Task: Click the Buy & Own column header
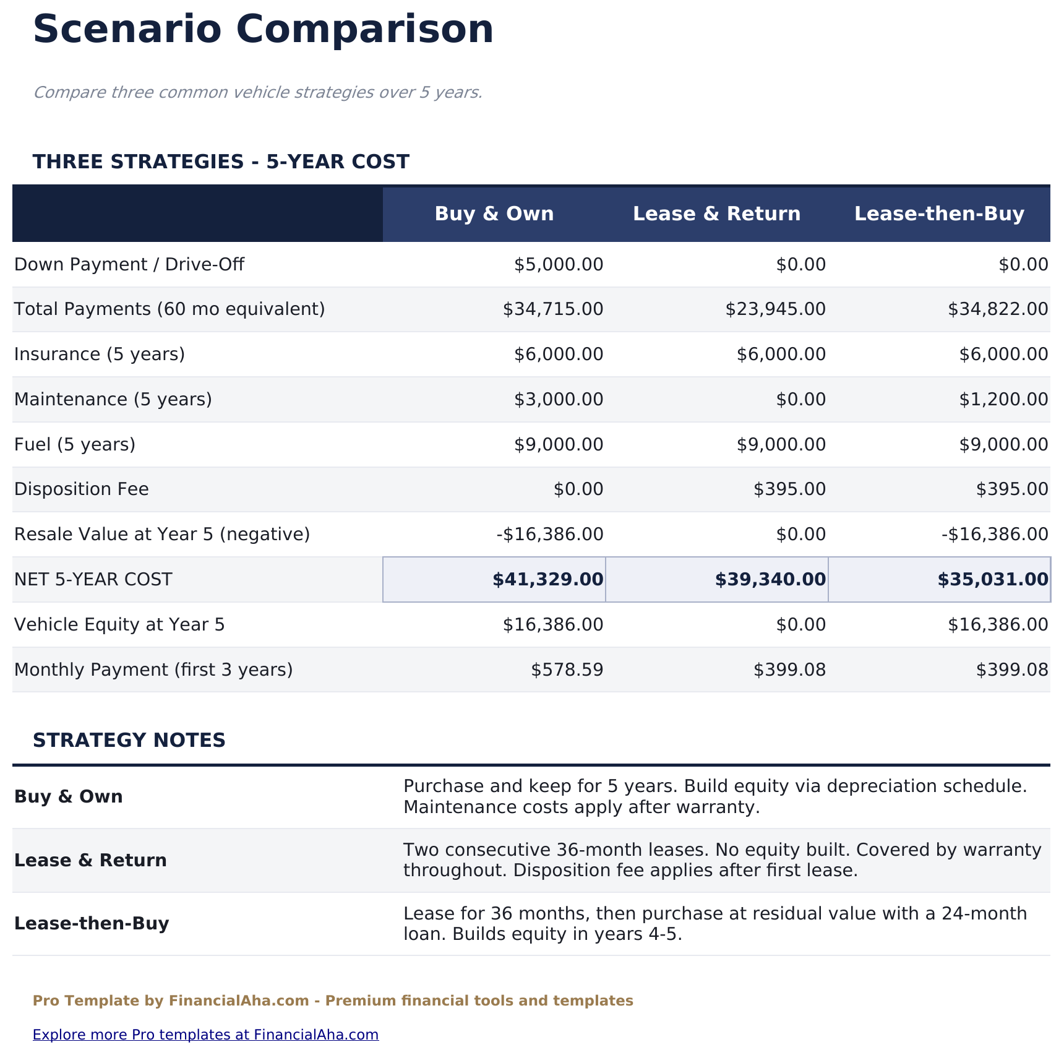494,214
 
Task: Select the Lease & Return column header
716,214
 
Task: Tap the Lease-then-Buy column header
939,214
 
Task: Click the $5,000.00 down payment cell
559,265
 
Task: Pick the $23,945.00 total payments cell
775,309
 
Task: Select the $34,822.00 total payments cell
998,309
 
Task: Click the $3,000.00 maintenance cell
559,400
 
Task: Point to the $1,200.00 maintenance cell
1003,400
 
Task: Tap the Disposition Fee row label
82,489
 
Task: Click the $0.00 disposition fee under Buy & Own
578,489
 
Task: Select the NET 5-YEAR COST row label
93,580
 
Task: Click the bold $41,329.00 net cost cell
547,580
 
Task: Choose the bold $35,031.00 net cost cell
993,580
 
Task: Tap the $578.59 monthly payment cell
567,670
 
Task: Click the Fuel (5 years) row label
75,445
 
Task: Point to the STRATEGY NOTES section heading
129,741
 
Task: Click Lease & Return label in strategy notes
90,861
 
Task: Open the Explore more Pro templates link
205,1035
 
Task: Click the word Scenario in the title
127,30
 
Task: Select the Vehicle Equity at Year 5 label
119,625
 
